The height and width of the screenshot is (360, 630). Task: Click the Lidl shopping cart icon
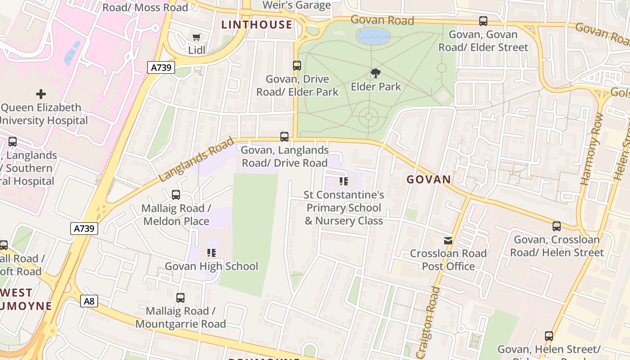point(196,37)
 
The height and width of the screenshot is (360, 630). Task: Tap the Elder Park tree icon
point(375,73)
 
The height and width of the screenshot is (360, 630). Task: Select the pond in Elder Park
point(373,36)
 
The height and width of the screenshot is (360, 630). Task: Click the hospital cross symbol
point(41,94)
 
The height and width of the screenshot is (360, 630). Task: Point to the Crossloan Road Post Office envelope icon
point(448,240)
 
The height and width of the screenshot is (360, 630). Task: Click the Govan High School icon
point(211,253)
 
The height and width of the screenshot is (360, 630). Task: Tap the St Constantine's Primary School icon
point(344,181)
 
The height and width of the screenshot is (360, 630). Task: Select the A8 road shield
point(89,301)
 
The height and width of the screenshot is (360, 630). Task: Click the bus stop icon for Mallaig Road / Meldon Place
point(176,195)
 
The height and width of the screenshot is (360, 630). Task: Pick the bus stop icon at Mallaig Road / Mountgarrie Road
point(180,297)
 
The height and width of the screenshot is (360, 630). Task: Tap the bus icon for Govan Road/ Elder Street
point(483,21)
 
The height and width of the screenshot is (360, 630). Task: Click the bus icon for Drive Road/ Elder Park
point(297,66)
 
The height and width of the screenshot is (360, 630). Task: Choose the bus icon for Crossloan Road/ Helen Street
point(557,226)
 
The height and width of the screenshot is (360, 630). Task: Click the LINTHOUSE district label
point(257,25)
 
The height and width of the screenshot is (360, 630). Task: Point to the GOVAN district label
point(429,180)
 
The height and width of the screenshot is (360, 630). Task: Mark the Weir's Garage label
point(297,5)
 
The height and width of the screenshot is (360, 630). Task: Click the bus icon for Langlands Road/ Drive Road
point(284,137)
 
